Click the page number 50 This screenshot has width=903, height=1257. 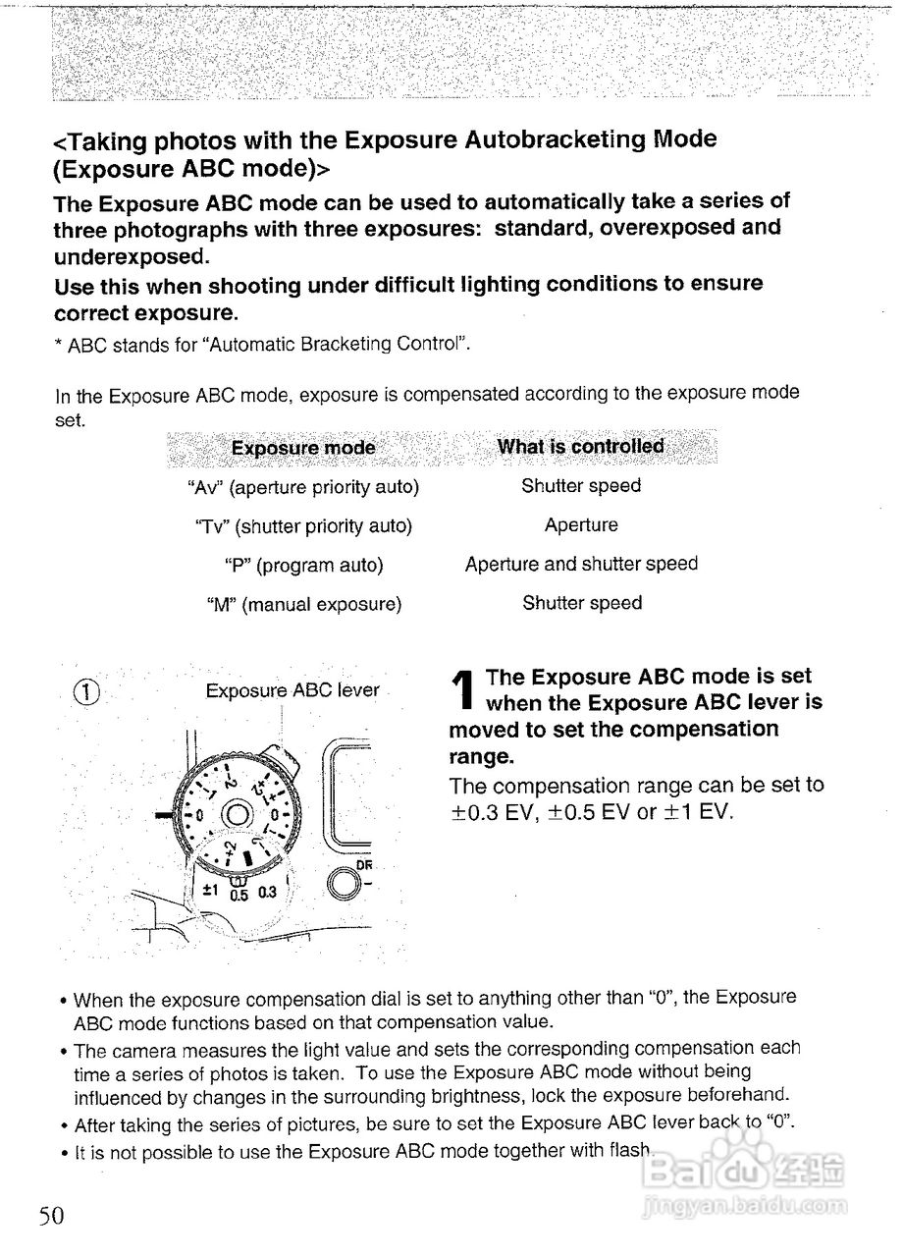[51, 1215]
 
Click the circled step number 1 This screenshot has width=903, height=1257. [87, 692]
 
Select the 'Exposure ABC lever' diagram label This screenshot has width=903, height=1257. [292, 690]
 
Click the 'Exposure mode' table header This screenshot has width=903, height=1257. [303, 449]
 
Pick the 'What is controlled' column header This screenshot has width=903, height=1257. [581, 447]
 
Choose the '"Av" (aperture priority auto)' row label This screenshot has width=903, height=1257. [303, 487]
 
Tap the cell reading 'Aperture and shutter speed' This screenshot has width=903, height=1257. [581, 565]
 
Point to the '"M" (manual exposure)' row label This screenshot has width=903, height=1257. [304, 605]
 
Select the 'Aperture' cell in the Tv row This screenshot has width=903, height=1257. [581, 525]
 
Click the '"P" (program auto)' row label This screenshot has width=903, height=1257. [304, 566]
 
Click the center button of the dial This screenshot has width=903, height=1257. [237, 814]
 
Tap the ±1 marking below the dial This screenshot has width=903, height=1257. [210, 891]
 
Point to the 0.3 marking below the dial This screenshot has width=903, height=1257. [268, 893]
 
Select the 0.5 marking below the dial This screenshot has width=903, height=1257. [239, 895]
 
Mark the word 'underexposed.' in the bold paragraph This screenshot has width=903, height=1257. [132, 257]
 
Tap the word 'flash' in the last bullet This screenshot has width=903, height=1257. [629, 1151]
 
